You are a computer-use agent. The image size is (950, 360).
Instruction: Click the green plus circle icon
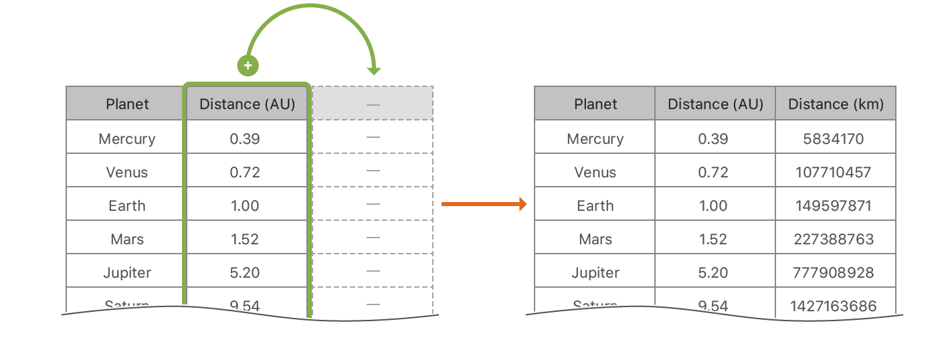point(248,66)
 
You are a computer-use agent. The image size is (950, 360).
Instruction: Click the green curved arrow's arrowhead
point(373,71)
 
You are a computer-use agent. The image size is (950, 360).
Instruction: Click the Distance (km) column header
point(836,104)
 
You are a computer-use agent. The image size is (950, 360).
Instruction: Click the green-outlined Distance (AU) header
point(247,104)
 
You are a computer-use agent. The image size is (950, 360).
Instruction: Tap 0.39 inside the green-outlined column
point(245,139)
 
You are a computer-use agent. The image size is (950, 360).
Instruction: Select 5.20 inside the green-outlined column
point(245,272)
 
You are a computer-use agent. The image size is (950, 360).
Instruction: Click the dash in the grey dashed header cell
point(373,104)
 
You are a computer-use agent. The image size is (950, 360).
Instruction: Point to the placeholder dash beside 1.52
point(373,238)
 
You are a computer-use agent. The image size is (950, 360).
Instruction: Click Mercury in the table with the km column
point(595,139)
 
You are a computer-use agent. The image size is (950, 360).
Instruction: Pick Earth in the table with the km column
point(595,205)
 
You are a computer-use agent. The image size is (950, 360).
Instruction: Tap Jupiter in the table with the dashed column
point(127,272)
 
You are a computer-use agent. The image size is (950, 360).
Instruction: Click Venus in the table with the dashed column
point(127,172)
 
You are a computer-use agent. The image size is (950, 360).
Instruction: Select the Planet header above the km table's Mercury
point(595,104)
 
